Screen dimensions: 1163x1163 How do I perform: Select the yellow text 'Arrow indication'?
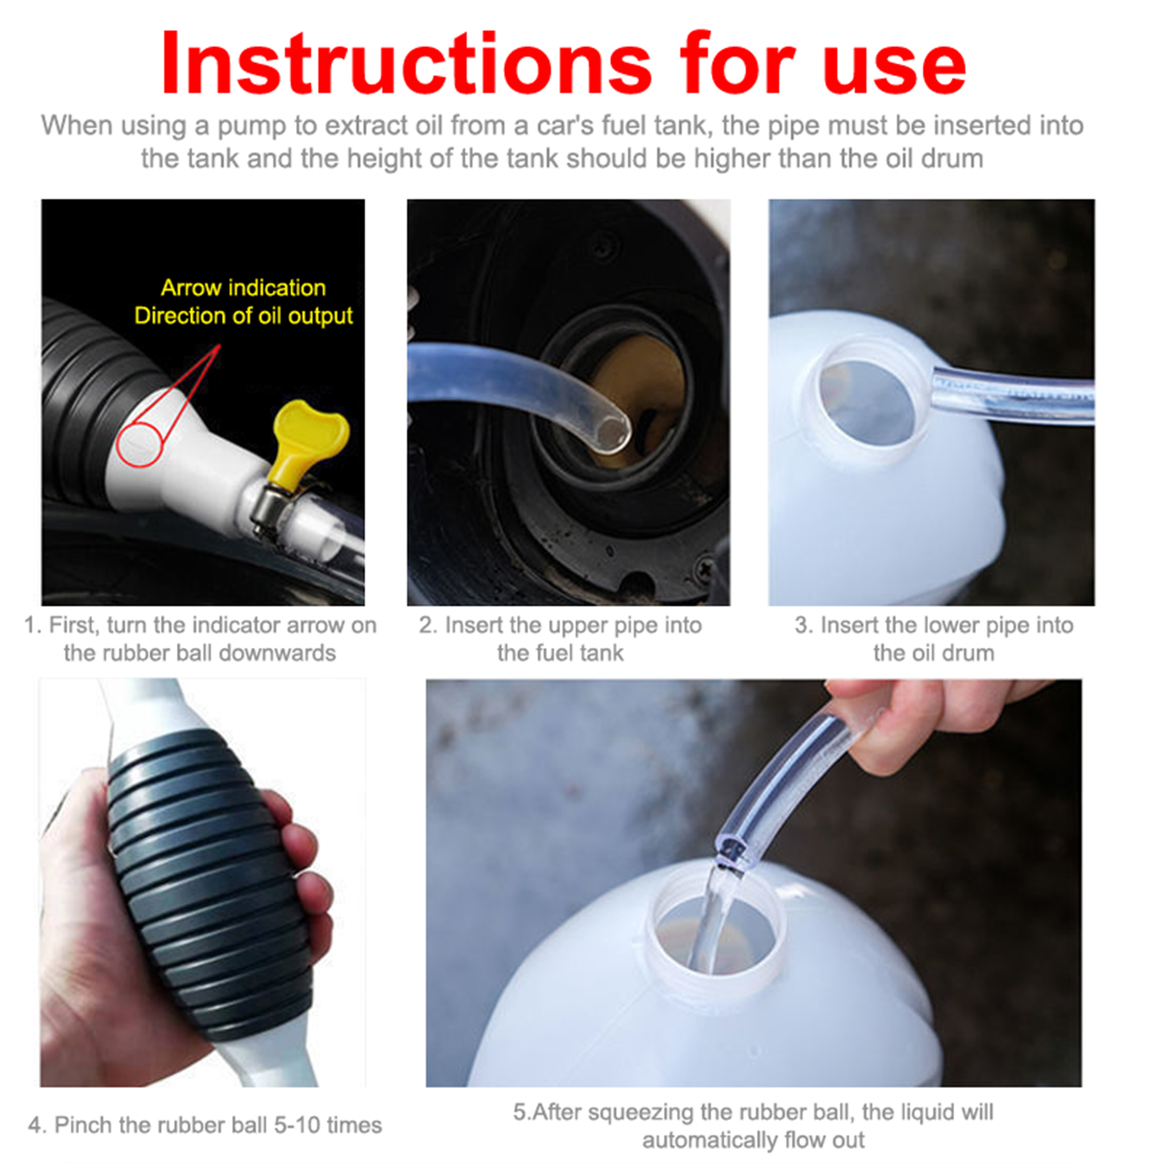pos(244,288)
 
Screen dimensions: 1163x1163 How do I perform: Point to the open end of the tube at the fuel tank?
pos(613,435)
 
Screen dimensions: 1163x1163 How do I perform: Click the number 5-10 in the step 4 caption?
pos(297,1125)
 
